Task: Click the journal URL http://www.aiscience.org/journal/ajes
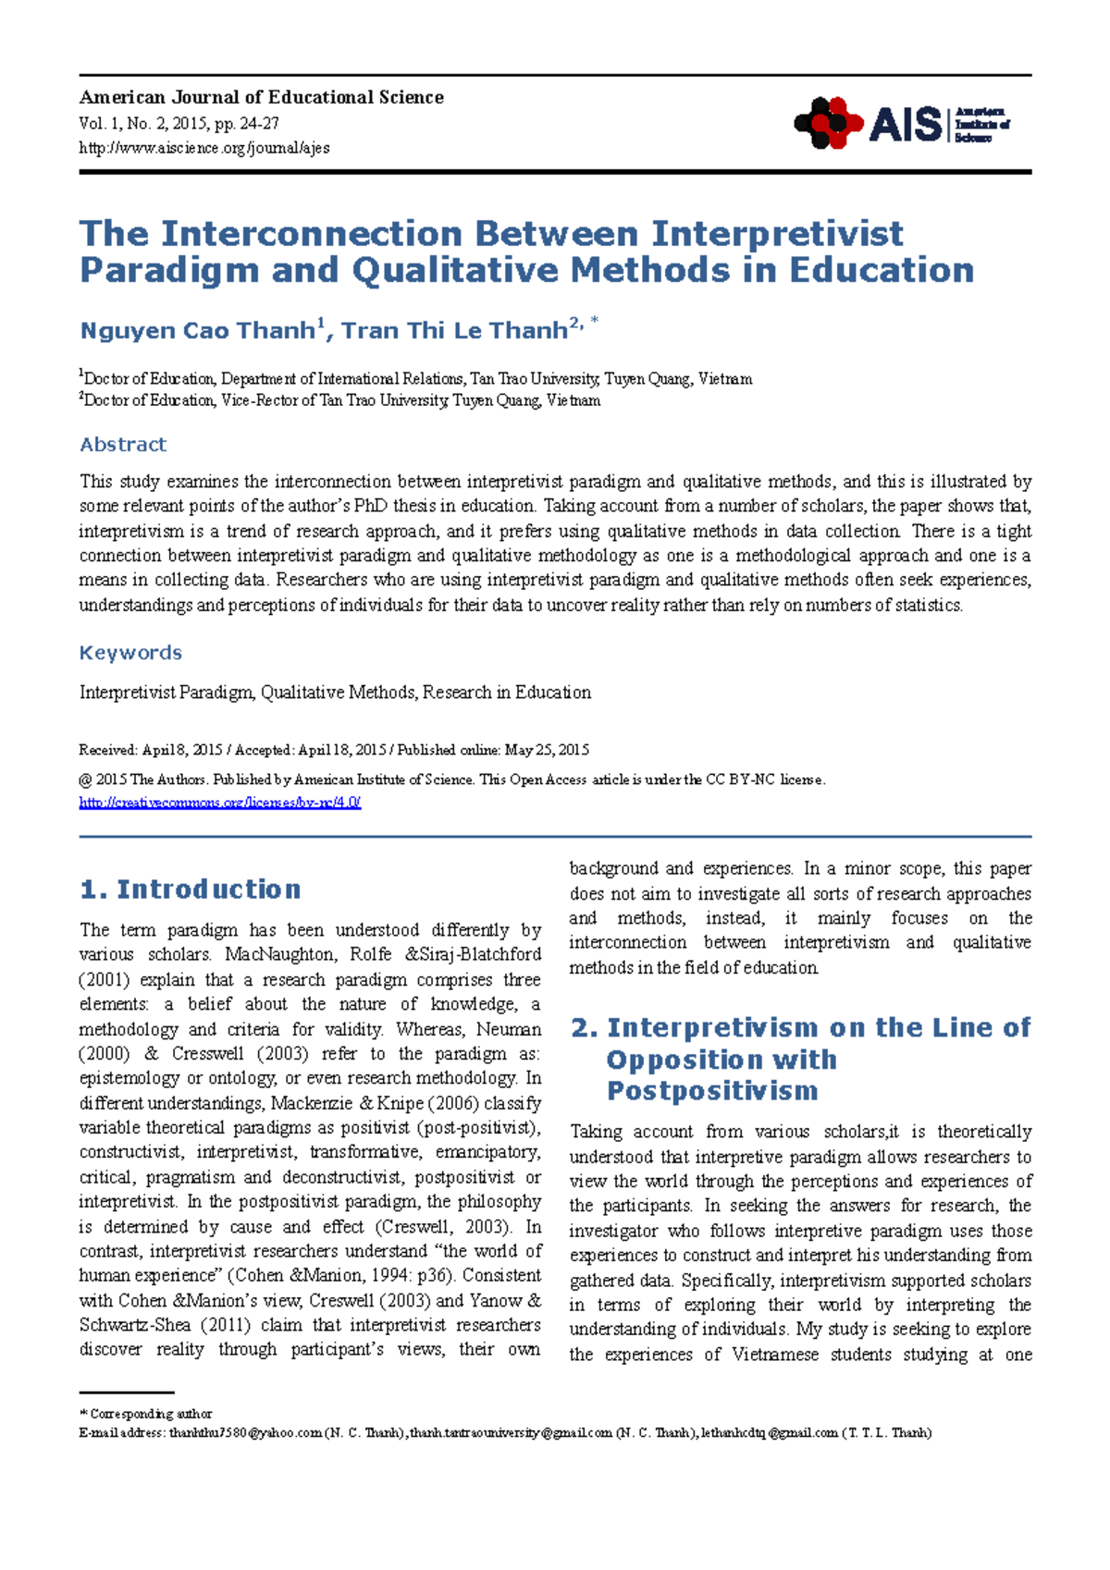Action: coord(203,148)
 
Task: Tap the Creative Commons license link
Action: coord(219,803)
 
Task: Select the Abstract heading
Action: coord(123,445)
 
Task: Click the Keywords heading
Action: coord(130,653)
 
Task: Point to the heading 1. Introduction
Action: coord(191,889)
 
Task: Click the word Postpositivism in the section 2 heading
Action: coord(712,1091)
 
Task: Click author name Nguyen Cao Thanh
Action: coord(198,331)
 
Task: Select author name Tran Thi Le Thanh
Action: coord(454,331)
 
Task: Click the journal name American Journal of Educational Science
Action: coord(261,97)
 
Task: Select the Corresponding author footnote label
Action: coord(151,1414)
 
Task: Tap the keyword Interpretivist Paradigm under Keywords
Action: coord(165,693)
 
